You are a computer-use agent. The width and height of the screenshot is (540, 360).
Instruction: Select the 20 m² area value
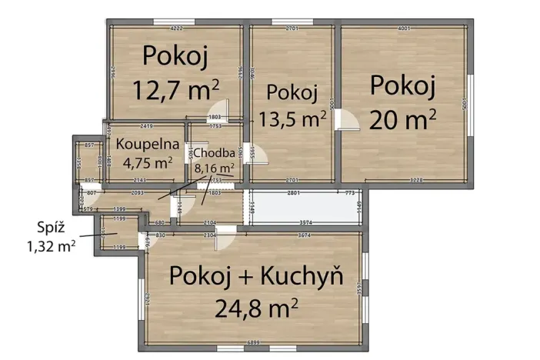click(403, 118)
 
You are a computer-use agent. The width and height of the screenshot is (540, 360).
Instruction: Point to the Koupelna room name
click(148, 143)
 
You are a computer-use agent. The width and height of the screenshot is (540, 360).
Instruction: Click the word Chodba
click(208, 152)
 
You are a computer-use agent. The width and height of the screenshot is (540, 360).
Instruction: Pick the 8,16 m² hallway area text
click(215, 166)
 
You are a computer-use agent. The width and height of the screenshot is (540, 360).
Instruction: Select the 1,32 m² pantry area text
click(51, 246)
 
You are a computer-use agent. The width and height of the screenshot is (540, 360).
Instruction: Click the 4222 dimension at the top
click(176, 29)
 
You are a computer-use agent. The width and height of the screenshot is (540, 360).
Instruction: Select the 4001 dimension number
click(403, 29)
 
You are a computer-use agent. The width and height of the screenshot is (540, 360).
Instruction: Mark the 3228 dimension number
click(416, 180)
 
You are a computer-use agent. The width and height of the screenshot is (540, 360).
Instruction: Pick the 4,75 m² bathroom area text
click(147, 162)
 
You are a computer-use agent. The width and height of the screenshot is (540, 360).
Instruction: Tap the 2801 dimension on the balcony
click(292, 192)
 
